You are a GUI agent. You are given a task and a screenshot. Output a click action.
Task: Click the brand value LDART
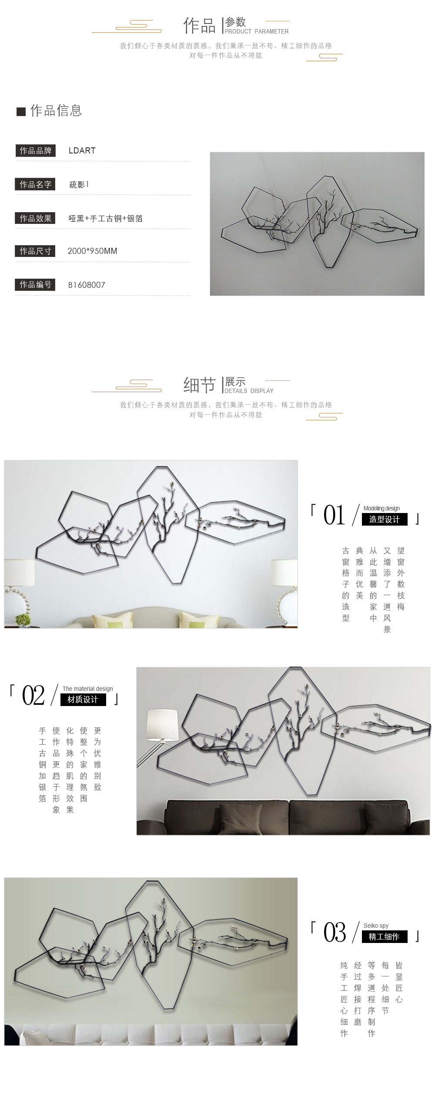pyautogui.click(x=82, y=151)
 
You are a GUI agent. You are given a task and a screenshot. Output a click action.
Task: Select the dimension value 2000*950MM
pyautogui.click(x=92, y=251)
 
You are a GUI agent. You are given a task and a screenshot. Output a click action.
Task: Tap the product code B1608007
pyautogui.click(x=87, y=285)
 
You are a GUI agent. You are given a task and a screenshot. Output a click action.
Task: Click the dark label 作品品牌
pyautogui.click(x=36, y=151)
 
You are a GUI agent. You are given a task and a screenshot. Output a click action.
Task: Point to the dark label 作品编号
pyautogui.click(x=36, y=285)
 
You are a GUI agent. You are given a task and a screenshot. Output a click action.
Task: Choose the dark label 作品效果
pyautogui.click(x=36, y=218)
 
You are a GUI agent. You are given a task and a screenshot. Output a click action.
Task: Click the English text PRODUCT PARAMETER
pyautogui.click(x=257, y=31)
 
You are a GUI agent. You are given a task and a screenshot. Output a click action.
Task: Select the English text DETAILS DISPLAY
pyautogui.click(x=249, y=391)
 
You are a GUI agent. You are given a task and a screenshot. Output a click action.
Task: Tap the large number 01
pyautogui.click(x=334, y=515)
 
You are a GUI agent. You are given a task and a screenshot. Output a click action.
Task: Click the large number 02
pyautogui.click(x=33, y=695)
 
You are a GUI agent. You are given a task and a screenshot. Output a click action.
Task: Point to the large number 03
pyautogui.click(x=335, y=933)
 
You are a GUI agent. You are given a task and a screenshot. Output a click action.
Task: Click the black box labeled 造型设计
pyautogui.click(x=385, y=520)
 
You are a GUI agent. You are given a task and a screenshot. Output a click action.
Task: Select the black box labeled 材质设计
pyautogui.click(x=83, y=700)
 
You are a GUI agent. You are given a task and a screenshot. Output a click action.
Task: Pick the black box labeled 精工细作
pyautogui.click(x=385, y=936)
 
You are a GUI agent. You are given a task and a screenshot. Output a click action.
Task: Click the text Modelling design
pyautogui.click(x=381, y=508)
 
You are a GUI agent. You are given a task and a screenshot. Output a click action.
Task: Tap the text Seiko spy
pyautogui.click(x=376, y=926)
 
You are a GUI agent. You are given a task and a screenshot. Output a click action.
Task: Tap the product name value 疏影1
pyautogui.click(x=79, y=185)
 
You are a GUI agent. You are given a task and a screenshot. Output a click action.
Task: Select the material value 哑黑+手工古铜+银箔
pyautogui.click(x=106, y=219)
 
